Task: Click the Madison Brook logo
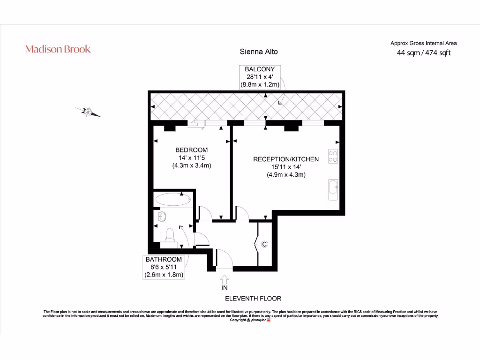click(58, 49)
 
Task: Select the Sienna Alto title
click(259, 52)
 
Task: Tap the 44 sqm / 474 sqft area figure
click(424, 52)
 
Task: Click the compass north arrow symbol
click(88, 112)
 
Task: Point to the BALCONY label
click(260, 69)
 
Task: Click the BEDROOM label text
click(192, 150)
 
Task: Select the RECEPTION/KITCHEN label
click(286, 159)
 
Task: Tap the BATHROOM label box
click(164, 267)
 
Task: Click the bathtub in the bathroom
click(173, 199)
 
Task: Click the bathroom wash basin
click(162, 217)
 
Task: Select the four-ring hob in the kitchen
click(333, 156)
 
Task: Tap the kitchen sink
click(333, 189)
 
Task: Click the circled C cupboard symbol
click(264, 244)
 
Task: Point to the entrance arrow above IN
click(225, 279)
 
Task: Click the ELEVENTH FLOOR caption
click(253, 299)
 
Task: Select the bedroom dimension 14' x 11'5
click(192, 157)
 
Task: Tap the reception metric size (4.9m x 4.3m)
click(286, 175)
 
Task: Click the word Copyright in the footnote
click(238, 320)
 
